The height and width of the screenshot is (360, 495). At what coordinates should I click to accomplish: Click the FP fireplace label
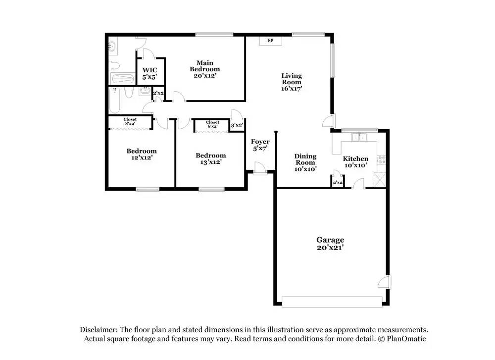click(270, 41)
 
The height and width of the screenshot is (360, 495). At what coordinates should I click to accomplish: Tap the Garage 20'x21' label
click(330, 244)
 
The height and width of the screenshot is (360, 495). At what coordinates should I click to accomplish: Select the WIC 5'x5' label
click(149, 73)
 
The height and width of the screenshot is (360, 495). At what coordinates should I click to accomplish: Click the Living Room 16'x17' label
click(292, 82)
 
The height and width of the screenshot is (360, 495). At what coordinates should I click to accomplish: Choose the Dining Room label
click(305, 159)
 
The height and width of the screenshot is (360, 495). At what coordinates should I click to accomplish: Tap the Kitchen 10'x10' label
click(355, 162)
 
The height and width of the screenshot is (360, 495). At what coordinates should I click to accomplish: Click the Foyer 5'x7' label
click(260, 145)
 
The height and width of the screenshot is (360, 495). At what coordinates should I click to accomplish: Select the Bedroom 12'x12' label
click(142, 154)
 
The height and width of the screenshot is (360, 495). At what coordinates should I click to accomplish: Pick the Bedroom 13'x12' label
click(211, 158)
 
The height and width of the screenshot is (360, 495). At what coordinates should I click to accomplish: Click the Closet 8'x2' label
click(130, 121)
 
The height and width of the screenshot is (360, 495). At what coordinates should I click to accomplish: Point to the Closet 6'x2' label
click(212, 124)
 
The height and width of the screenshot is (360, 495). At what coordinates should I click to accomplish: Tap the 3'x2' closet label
click(237, 125)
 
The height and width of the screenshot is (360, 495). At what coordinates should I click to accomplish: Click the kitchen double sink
click(359, 137)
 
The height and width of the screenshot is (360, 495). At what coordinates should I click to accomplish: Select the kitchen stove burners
click(382, 159)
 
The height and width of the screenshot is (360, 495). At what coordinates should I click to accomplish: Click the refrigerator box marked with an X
click(380, 180)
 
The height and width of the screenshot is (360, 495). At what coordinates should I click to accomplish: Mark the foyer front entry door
click(260, 168)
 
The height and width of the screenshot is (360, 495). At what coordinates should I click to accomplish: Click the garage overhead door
click(332, 302)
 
